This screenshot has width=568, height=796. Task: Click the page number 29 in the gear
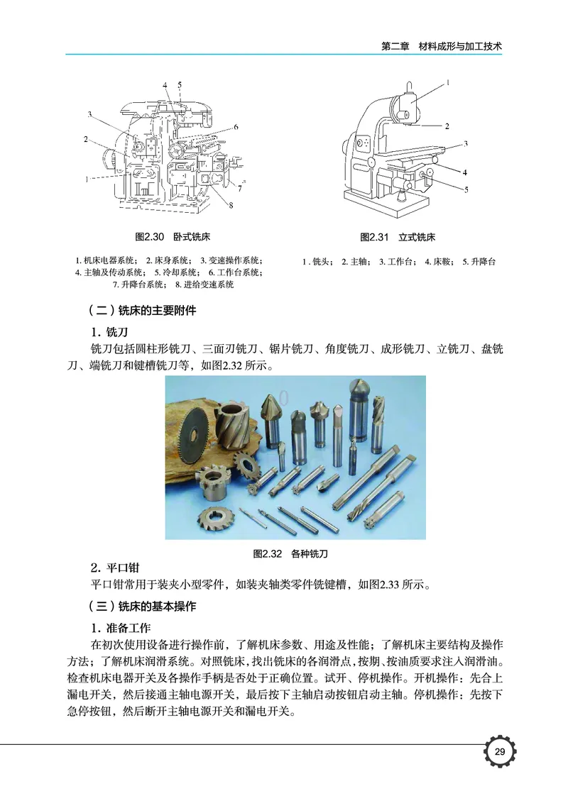[499, 753]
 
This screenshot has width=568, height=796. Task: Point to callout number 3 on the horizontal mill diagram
[90, 114]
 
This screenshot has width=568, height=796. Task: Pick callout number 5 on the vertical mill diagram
[466, 189]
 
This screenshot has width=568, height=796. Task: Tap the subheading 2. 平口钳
[114, 568]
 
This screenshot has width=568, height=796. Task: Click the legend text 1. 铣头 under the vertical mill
[318, 262]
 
